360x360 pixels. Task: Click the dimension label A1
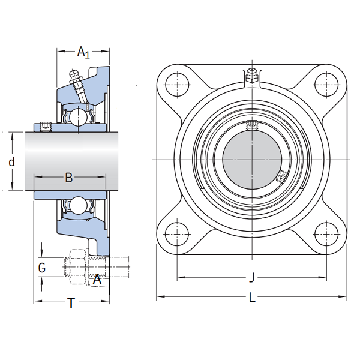pyautogui.click(x=83, y=52)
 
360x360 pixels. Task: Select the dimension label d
pyautogui.click(x=12, y=162)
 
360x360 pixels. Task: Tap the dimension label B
pyautogui.click(x=69, y=178)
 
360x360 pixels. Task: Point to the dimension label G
pyautogui.click(x=42, y=268)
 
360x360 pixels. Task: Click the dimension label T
pyautogui.click(x=71, y=303)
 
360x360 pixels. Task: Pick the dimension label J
pyautogui.click(x=252, y=277)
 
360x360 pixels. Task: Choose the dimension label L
pyautogui.click(x=252, y=298)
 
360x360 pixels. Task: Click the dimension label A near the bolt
pyautogui.click(x=97, y=280)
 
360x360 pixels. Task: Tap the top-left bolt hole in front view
pyautogui.click(x=177, y=84)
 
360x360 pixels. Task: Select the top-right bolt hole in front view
pyautogui.click(x=326, y=84)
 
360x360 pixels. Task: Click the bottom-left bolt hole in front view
pyautogui.click(x=177, y=234)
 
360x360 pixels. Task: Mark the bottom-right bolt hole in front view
pyautogui.click(x=326, y=234)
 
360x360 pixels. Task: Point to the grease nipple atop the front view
pyautogui.click(x=252, y=75)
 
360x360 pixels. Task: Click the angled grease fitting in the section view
pyautogui.click(x=79, y=86)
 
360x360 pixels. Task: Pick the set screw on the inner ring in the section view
pyautogui.click(x=46, y=127)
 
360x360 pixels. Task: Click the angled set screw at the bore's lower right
pyautogui.click(x=282, y=176)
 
